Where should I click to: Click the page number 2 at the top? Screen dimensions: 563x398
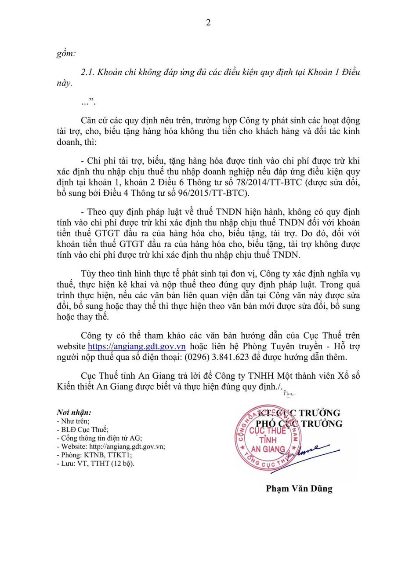click(x=208, y=23)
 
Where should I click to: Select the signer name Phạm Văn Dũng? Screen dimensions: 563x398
click(x=299, y=489)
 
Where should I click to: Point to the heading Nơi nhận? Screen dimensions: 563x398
click(x=74, y=413)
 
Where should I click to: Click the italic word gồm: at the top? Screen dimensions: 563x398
click(x=66, y=54)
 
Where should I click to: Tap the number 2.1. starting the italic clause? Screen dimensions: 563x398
click(x=90, y=73)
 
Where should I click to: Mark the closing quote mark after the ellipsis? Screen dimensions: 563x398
click(x=92, y=101)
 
